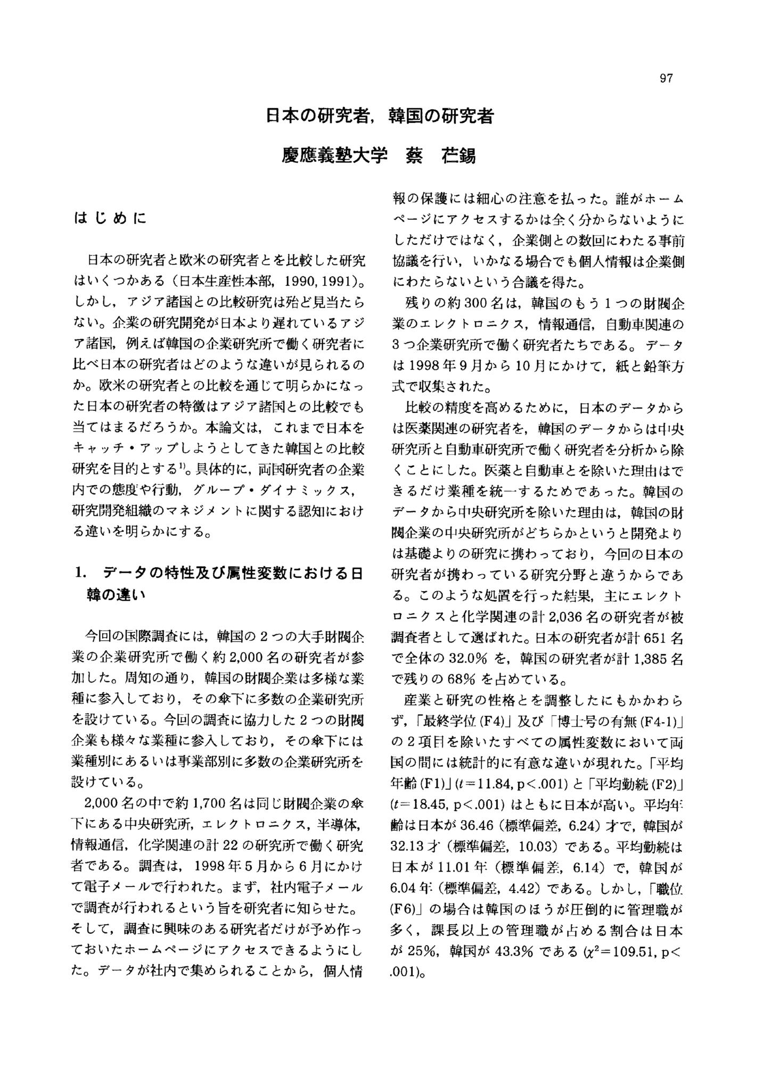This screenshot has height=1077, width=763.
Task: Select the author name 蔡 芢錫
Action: tap(441, 155)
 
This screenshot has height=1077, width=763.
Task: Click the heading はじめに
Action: tap(111, 218)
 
